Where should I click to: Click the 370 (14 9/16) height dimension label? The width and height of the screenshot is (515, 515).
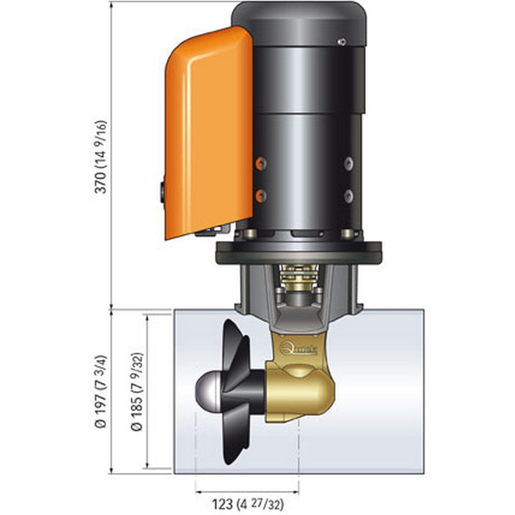point(101,157)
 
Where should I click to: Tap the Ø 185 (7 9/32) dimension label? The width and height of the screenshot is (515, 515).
point(136,391)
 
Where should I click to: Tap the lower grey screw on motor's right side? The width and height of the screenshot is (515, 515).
point(349,195)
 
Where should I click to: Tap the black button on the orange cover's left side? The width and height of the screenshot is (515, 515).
point(163,191)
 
